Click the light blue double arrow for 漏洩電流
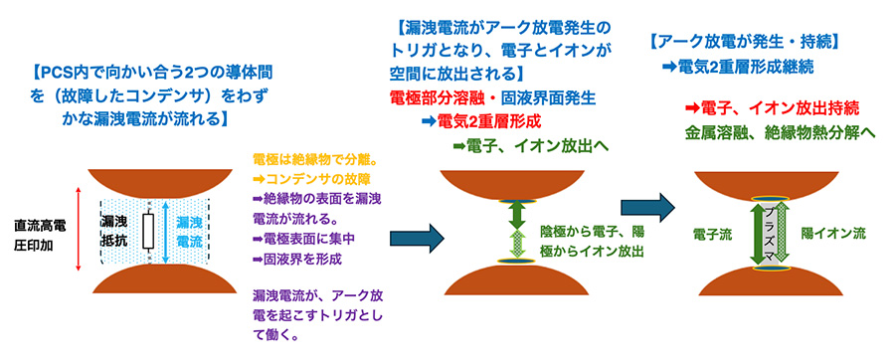tap(165, 232)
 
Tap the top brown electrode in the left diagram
tap(159, 184)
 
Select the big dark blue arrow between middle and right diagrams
tap(647, 207)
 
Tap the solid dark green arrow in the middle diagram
tap(515, 215)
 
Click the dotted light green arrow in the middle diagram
tap(515, 246)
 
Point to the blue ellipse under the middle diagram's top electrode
tap(515, 201)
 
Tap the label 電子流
tap(708, 234)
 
